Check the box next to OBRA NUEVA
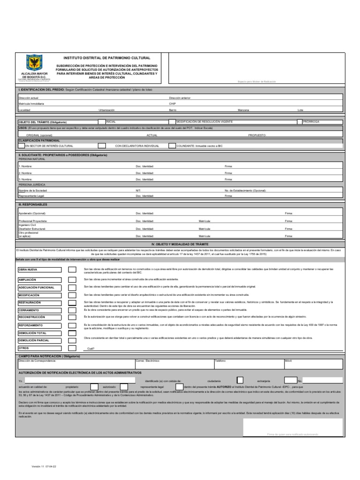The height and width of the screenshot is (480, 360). pyautogui.click(x=72, y=270)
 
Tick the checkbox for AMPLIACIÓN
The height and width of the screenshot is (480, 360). pyautogui.click(x=72, y=279)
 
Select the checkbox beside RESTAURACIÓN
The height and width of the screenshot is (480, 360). pyautogui.click(x=72, y=303)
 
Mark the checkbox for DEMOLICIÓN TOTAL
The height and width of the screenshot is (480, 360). pyautogui.click(x=72, y=333)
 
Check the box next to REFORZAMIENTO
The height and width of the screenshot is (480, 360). pyautogui.click(x=72, y=325)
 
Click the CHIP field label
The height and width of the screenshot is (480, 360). pyautogui.click(x=172, y=103)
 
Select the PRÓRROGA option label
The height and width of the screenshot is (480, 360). pyautogui.click(x=311, y=121)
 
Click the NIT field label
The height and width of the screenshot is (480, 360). pyautogui.click(x=138, y=191)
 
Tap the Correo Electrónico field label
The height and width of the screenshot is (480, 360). pyautogui.click(x=148, y=360)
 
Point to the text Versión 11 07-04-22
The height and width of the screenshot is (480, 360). pyautogui.click(x=45, y=467)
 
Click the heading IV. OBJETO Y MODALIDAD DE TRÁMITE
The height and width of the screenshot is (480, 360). pyautogui.click(x=180, y=244)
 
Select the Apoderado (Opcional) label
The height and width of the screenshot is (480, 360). pyautogui.click(x=32, y=213)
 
